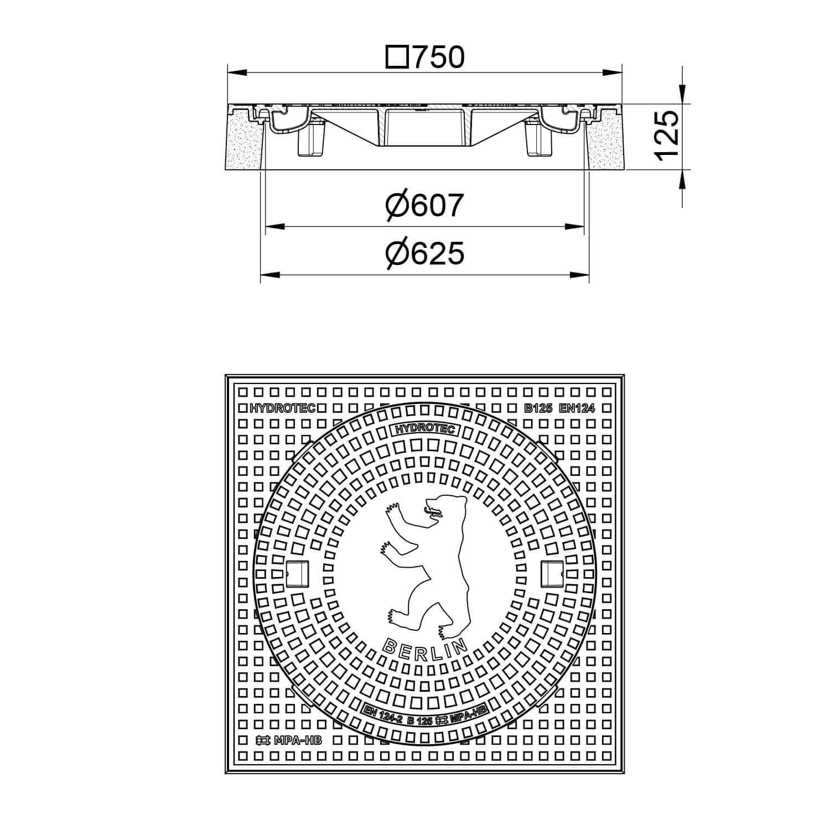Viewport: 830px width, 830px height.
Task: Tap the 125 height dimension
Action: [666, 135]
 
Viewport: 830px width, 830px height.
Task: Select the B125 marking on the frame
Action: [538, 409]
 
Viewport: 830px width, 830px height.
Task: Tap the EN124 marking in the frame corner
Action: [577, 409]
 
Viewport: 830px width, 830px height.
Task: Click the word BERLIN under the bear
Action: [424, 648]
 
